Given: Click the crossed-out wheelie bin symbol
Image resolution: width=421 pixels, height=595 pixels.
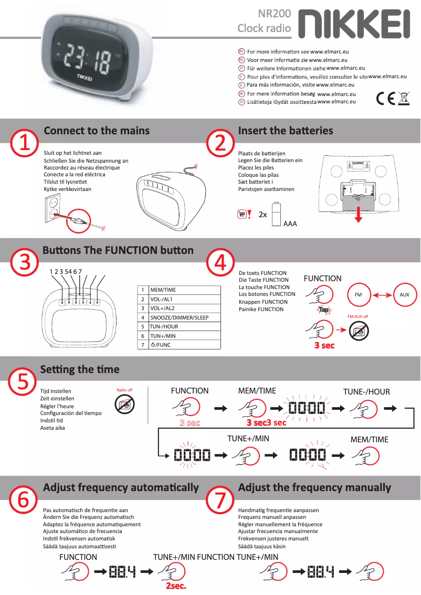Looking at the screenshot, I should click(404, 98).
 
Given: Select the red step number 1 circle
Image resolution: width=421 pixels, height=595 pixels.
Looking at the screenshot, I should click(25, 143).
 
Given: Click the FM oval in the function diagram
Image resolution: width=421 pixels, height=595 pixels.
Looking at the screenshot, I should click(359, 295).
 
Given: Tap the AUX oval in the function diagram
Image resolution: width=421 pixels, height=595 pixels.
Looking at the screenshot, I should click(404, 295).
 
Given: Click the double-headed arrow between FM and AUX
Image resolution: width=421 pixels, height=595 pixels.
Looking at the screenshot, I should click(382, 295).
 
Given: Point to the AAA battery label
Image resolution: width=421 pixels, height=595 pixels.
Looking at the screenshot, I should click(290, 224).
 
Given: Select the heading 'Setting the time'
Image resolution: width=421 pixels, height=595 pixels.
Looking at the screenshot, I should click(80, 369).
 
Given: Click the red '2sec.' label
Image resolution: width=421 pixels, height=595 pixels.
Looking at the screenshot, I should click(176, 586).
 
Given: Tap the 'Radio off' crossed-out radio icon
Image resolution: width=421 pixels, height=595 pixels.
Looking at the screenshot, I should click(124, 405).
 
